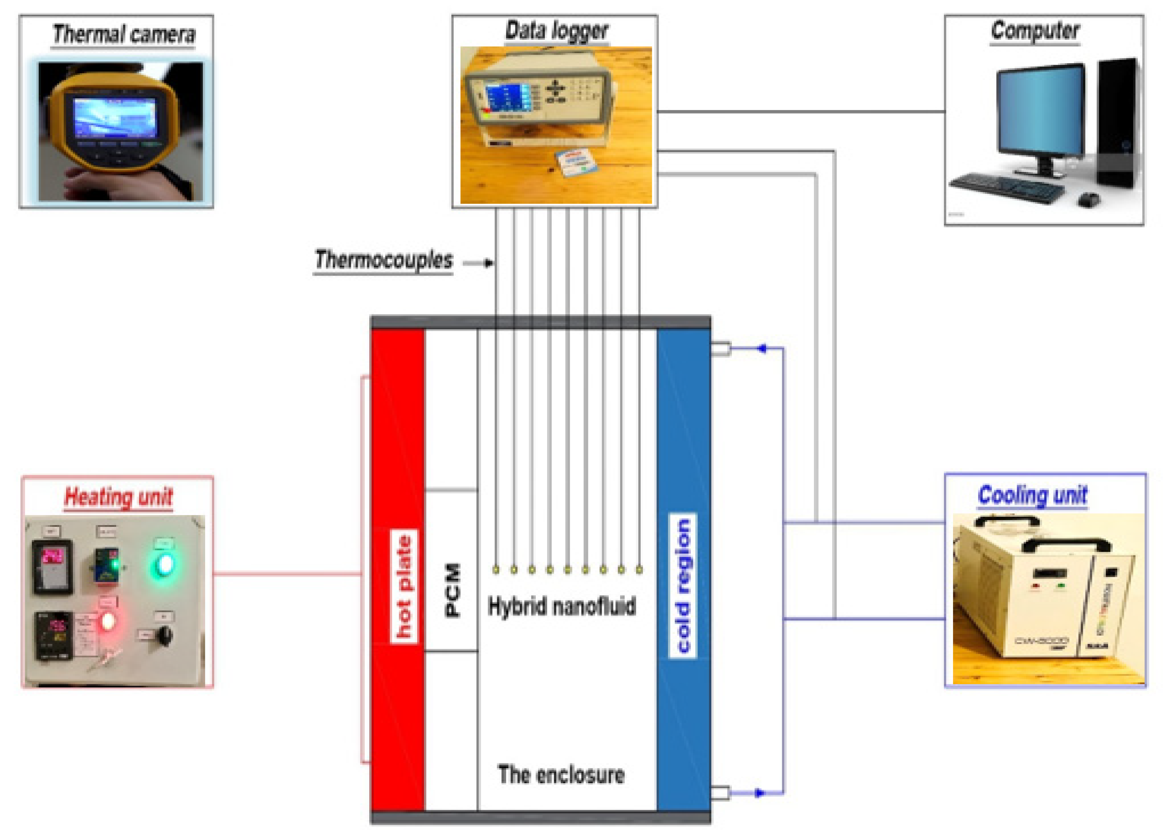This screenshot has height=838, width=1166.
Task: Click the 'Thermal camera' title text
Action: point(123,34)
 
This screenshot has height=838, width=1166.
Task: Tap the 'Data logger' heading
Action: point(557,31)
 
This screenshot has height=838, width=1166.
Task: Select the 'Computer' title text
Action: point(1034,31)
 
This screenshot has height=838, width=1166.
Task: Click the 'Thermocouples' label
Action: point(384,260)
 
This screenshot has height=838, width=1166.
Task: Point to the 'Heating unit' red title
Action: point(118,497)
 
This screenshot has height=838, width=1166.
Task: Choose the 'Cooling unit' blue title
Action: point(1032,495)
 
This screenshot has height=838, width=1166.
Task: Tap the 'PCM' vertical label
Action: point(452,590)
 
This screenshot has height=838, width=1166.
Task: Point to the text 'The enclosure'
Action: point(561,774)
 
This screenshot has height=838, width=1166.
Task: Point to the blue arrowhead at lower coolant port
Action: point(759,793)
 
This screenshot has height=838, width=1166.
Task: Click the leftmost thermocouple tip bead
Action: point(496,570)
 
